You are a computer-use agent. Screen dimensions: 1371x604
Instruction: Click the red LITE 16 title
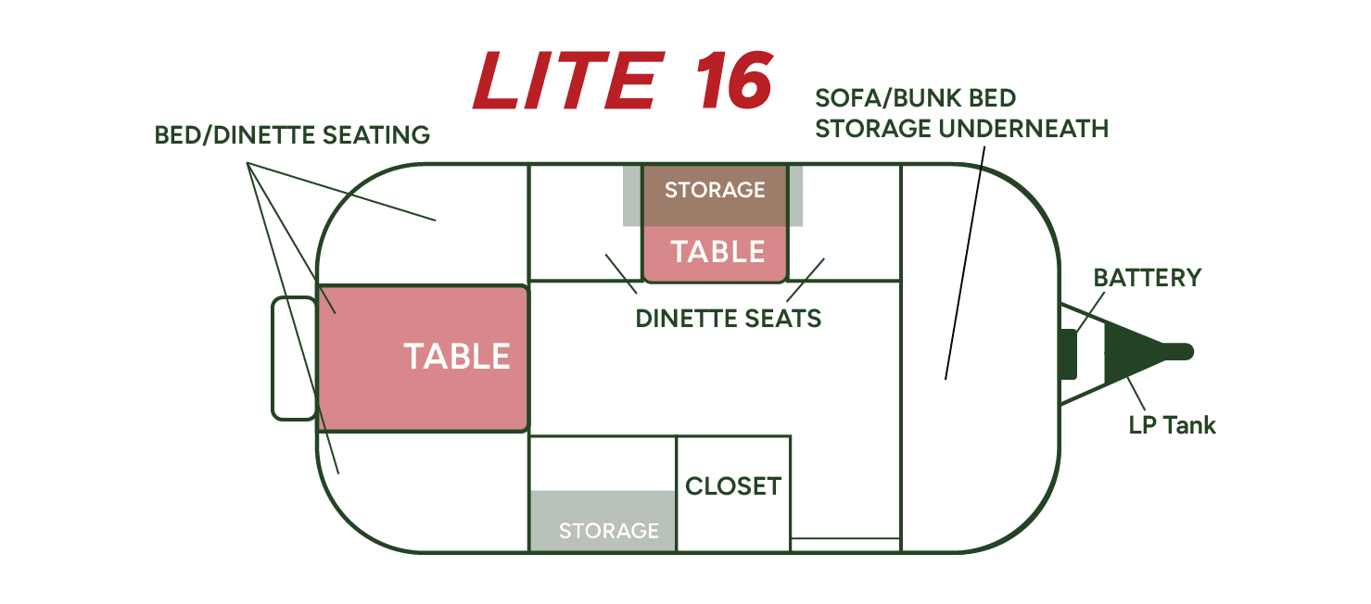coord(623,81)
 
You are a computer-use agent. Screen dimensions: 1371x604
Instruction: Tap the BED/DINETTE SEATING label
coord(292,135)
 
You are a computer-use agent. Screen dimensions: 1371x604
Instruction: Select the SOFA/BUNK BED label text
coord(916,98)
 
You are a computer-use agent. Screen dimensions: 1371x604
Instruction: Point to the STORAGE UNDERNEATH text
coord(961,129)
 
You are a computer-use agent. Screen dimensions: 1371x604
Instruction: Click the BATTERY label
coord(1148,278)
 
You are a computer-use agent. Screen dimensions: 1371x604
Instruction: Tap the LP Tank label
coord(1172,425)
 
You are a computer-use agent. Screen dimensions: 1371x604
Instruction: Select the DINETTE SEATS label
coord(729,319)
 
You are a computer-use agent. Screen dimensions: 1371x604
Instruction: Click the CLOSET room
coord(733,493)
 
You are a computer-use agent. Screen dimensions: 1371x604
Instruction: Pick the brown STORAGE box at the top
coord(715,195)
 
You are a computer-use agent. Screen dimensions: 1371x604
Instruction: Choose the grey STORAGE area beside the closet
coord(603,521)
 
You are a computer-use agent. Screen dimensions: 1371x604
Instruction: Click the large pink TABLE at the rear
coord(423,358)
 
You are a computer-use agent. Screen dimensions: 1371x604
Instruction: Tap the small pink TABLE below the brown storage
coord(715,254)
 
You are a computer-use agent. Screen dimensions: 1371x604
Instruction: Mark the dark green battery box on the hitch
coord(1069,354)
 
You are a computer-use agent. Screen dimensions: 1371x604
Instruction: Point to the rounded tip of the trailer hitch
coord(1190,352)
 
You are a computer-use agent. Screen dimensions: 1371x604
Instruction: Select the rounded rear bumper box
coord(295,359)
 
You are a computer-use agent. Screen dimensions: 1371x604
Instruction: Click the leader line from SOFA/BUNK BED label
coord(965,263)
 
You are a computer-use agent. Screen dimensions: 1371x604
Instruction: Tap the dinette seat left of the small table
coord(586,222)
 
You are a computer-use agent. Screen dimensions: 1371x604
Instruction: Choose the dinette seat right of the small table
coord(844,222)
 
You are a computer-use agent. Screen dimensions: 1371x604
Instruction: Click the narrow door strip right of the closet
coord(845,545)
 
